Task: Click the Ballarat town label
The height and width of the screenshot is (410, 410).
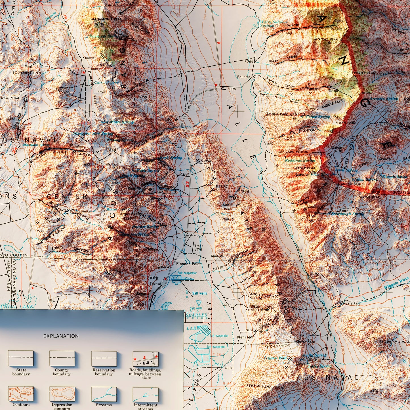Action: click(x=244, y=77)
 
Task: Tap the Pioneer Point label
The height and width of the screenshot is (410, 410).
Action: click(x=188, y=264)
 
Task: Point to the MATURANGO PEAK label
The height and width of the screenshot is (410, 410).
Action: click(x=102, y=19)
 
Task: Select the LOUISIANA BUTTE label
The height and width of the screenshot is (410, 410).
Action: click(x=27, y=73)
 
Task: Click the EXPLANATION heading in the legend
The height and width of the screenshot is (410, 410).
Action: click(x=61, y=336)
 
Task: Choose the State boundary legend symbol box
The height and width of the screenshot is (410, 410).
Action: click(x=21, y=358)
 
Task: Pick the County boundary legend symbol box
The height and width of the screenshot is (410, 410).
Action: click(x=62, y=358)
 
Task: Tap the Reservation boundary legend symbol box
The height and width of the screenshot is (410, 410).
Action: click(x=104, y=358)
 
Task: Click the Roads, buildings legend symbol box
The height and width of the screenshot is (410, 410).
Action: click(x=146, y=358)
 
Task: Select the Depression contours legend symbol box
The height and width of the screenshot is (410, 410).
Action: click(x=62, y=394)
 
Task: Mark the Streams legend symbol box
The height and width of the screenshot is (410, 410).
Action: click(x=104, y=394)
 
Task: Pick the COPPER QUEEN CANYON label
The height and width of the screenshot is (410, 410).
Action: click(x=229, y=260)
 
